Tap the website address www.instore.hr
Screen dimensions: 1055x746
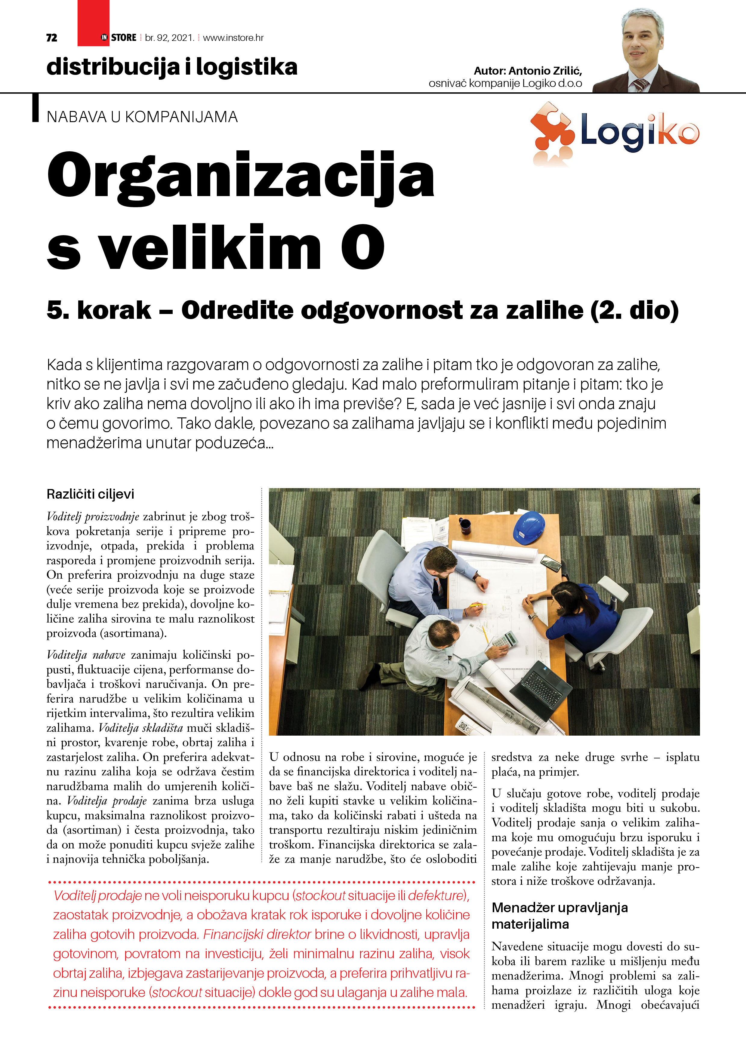coord(233,38)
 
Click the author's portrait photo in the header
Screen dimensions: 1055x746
coord(643,51)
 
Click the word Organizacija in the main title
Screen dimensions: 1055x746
coord(240,177)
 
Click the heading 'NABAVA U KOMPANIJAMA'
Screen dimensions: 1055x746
coord(142,117)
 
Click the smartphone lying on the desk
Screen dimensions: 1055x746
coord(550,563)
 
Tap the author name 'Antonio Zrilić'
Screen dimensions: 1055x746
coord(545,71)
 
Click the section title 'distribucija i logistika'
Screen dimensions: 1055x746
coord(172,67)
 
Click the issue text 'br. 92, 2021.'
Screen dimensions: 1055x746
coord(169,38)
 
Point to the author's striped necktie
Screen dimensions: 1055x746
coord(640,85)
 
